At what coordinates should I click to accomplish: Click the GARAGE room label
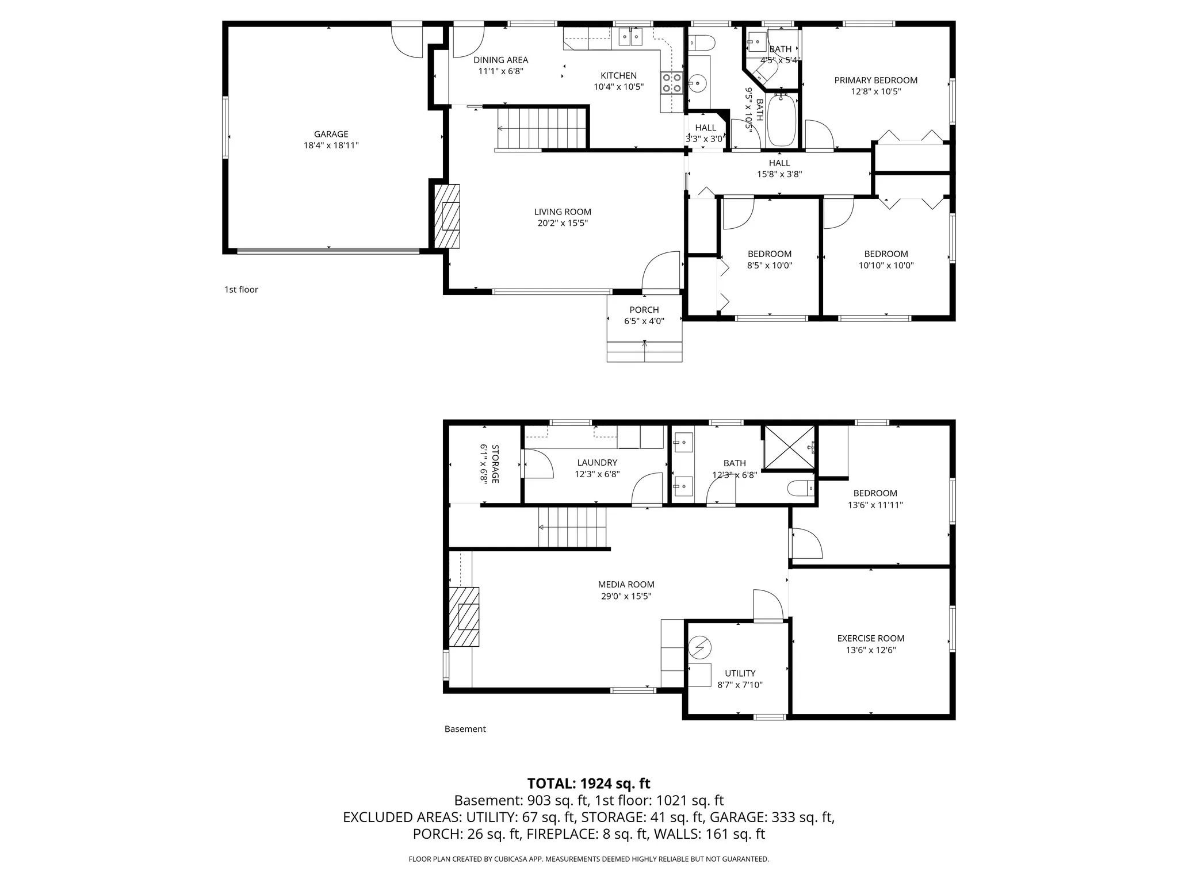pyautogui.click(x=331, y=134)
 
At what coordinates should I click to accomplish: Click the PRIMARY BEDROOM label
pyautogui.click(x=875, y=80)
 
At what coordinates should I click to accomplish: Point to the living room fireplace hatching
pyautogui.click(x=447, y=216)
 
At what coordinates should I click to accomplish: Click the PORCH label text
pyautogui.click(x=644, y=310)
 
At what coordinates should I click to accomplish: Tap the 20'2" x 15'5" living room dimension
pyautogui.click(x=562, y=223)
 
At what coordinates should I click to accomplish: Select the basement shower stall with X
pyautogui.click(x=789, y=447)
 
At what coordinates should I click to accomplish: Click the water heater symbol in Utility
pyautogui.click(x=700, y=648)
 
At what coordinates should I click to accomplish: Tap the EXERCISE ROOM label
pyautogui.click(x=870, y=638)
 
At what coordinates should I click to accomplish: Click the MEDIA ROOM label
pyautogui.click(x=626, y=585)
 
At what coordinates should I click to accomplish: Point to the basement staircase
pyautogui.click(x=572, y=527)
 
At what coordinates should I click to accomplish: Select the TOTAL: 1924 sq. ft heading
pyautogui.click(x=588, y=783)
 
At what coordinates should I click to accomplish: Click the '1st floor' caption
pyautogui.click(x=241, y=290)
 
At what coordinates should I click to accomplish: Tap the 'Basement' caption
pyautogui.click(x=465, y=729)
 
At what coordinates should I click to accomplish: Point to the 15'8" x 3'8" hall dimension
pyautogui.click(x=779, y=174)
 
